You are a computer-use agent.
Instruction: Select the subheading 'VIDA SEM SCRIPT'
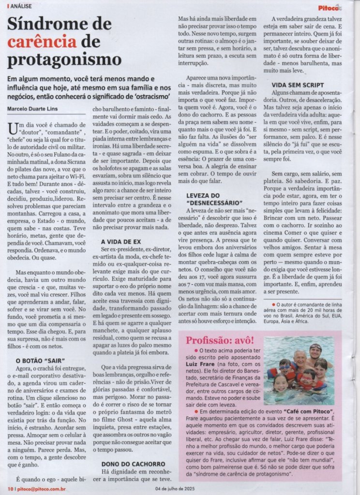(x=297, y=85)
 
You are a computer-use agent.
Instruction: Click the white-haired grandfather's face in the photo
(x=300, y=359)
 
